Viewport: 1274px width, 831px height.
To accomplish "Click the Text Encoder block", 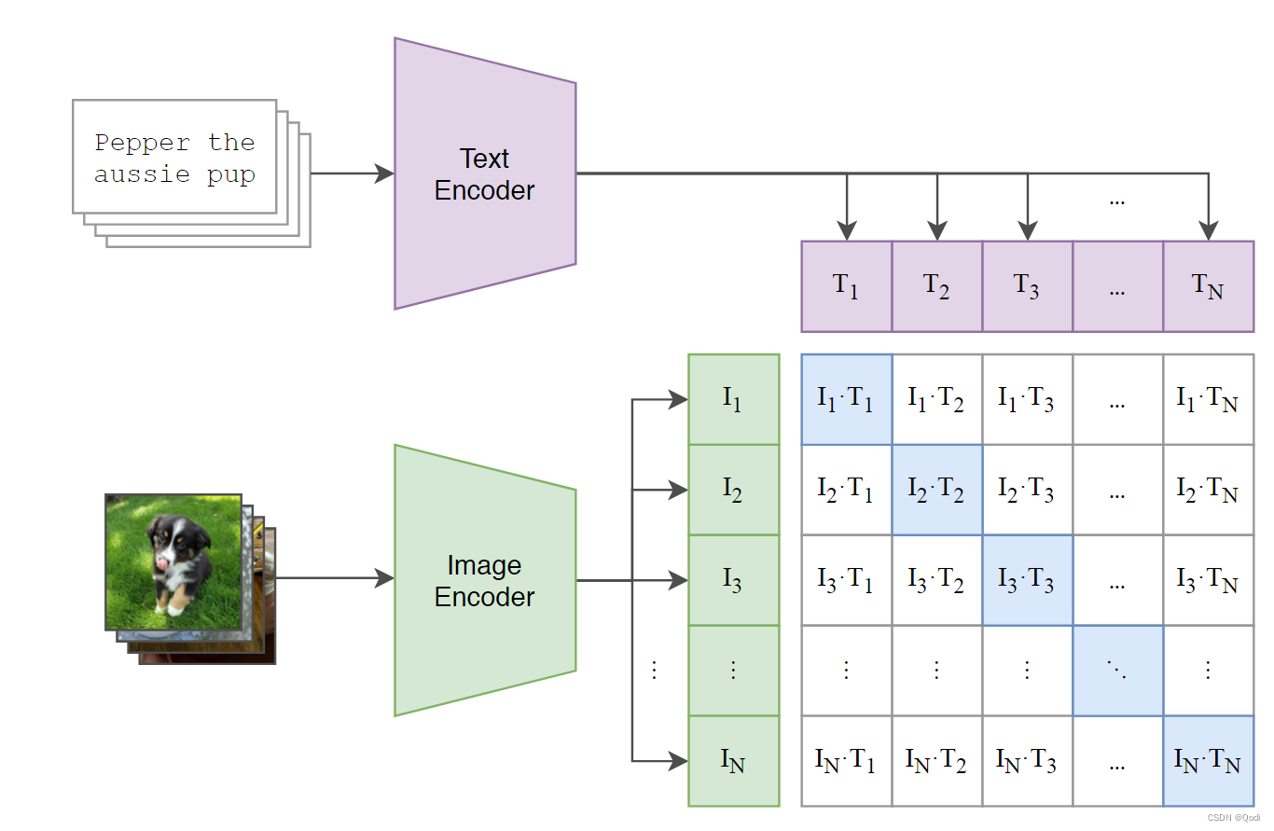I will click(485, 174).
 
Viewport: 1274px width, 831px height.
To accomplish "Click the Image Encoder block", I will click(485, 580).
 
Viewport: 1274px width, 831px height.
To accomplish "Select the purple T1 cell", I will click(846, 286).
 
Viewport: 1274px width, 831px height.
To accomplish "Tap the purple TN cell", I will click(1208, 286).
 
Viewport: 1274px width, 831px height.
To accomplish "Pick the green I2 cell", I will click(733, 490).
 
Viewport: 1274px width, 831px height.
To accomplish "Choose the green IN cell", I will click(733, 761).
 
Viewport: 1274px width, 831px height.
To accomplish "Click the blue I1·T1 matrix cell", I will click(846, 399).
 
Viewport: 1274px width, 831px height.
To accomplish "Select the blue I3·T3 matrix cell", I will click(1027, 580).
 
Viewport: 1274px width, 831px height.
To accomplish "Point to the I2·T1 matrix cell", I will click(846, 490).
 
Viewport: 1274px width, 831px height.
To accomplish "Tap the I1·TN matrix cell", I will click(1208, 399).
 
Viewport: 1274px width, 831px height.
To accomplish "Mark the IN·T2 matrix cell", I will click(936, 761).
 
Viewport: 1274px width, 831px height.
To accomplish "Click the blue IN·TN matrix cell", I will click(1208, 761).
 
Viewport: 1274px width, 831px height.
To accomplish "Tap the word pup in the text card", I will click(231, 174).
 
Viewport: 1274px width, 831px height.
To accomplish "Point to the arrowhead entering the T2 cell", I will click(936, 231).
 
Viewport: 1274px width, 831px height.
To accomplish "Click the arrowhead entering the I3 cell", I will click(678, 580).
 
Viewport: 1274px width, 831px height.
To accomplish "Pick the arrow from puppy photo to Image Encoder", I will click(336, 578).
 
